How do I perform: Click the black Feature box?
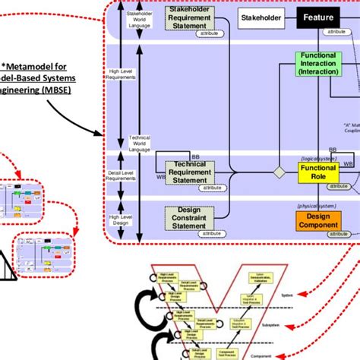pyautogui.click(x=318, y=16)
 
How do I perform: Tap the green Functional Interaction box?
pyautogui.click(x=318, y=65)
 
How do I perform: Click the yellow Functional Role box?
pyautogui.click(x=318, y=172)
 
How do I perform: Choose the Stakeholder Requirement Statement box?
pyautogui.click(x=185, y=21)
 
